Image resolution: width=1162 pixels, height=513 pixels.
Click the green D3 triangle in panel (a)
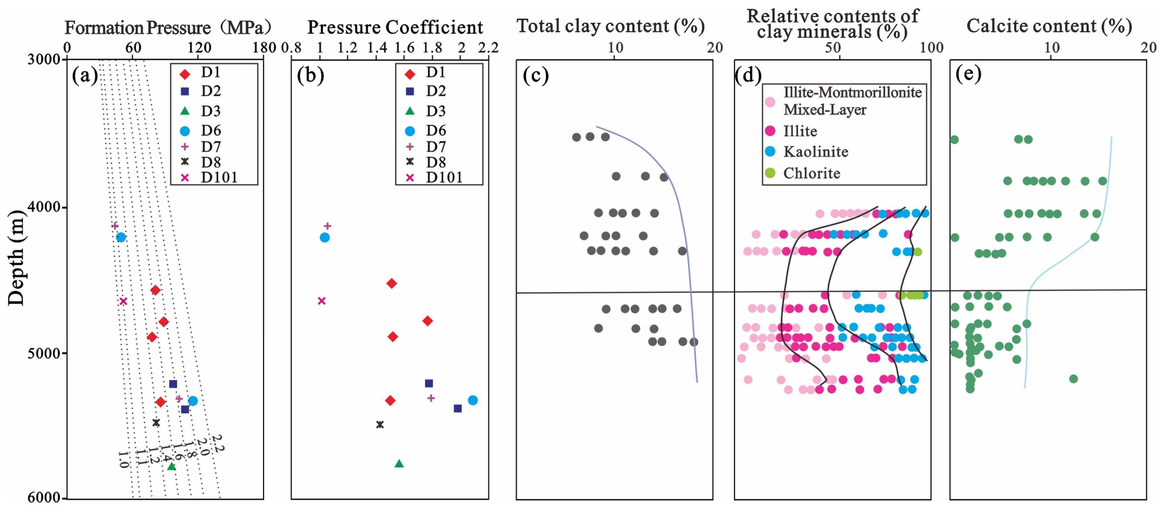(x=172, y=466)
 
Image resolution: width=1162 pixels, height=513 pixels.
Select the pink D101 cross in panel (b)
(x=322, y=301)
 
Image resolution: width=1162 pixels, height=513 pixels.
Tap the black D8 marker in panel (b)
(x=380, y=425)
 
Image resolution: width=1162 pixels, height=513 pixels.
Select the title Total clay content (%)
(x=610, y=26)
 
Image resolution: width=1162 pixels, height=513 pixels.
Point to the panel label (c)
(x=536, y=75)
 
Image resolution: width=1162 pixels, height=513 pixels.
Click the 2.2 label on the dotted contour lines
(x=218, y=443)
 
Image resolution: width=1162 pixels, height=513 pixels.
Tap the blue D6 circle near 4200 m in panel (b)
(x=325, y=238)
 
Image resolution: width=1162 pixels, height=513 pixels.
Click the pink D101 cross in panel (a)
(x=123, y=301)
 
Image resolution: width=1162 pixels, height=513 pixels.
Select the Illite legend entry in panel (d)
(x=800, y=131)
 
